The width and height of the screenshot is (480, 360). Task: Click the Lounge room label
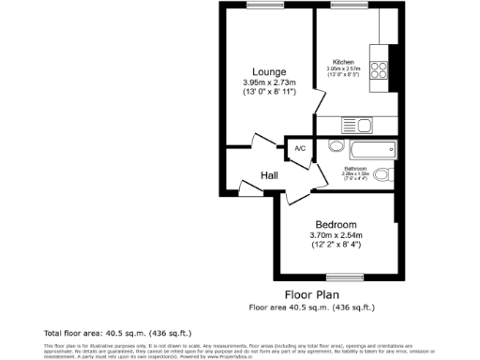click(x=269, y=72)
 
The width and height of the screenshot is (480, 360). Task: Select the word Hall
click(x=269, y=175)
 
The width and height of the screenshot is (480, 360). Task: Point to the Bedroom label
click(x=335, y=224)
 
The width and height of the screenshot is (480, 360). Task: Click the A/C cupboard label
click(x=300, y=149)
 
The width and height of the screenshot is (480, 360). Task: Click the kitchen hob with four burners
click(x=382, y=71)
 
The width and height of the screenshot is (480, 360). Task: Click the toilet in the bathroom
click(x=383, y=173)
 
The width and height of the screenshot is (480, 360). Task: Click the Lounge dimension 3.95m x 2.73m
click(x=269, y=82)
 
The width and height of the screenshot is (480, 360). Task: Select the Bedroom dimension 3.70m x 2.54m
click(x=335, y=234)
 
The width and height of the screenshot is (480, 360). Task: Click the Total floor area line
click(x=103, y=333)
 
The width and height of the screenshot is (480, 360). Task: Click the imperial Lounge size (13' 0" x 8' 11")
click(x=269, y=93)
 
